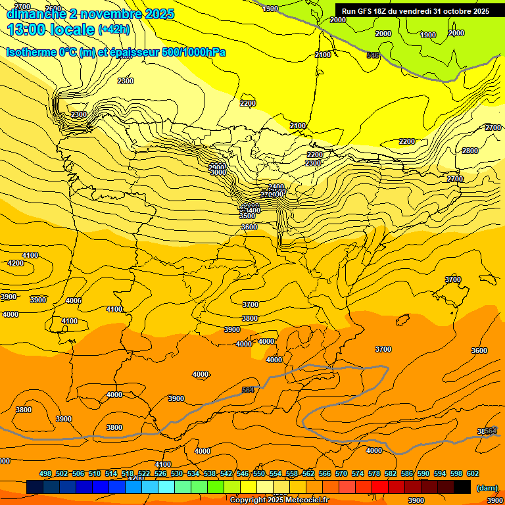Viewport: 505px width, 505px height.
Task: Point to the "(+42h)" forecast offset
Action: pyautogui.click(x=114, y=30)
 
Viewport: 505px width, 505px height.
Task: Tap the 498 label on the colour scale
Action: pyautogui.click(x=45, y=473)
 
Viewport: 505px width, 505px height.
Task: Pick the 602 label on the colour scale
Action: pyautogui.click(x=473, y=473)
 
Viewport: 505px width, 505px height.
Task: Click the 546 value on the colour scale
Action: pyautogui.click(x=243, y=473)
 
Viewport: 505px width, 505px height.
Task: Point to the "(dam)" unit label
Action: pyautogui.click(x=487, y=488)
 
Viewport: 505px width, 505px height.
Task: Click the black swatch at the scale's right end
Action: pyautogui.click(x=462, y=487)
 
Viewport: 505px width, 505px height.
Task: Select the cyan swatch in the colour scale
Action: pyautogui.click(x=166, y=487)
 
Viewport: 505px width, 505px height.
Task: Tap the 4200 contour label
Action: pyautogui.click(x=16, y=263)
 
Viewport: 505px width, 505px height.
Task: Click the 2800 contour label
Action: pyautogui.click(x=470, y=151)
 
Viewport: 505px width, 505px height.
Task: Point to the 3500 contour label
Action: pyautogui.click(x=247, y=216)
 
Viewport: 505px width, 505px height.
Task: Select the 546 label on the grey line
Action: pyautogui.click(x=373, y=56)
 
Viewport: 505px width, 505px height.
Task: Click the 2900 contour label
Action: pyautogui.click(x=217, y=167)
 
